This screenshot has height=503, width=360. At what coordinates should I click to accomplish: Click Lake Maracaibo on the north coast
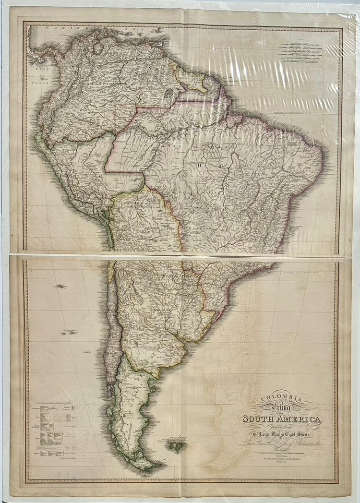[x=98, y=48]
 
